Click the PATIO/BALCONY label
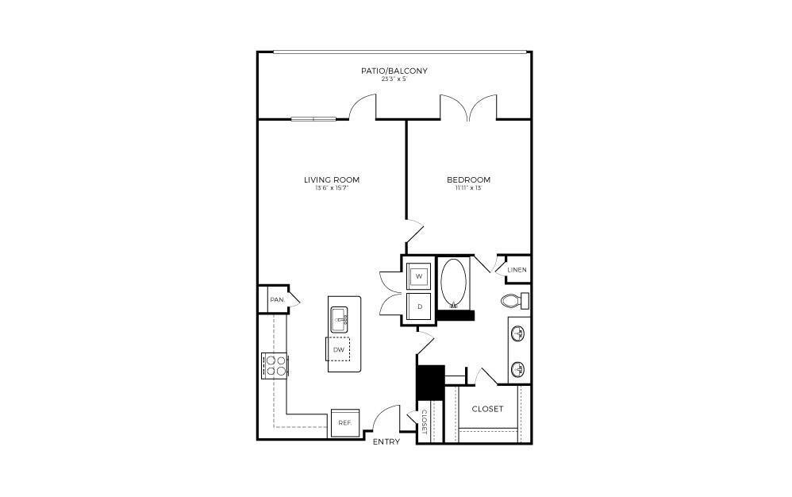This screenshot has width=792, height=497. pyautogui.click(x=394, y=71)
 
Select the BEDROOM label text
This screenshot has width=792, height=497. pyautogui.click(x=468, y=179)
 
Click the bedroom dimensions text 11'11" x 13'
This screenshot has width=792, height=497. pyautogui.click(x=468, y=189)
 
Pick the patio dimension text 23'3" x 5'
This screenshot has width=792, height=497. pyautogui.click(x=394, y=79)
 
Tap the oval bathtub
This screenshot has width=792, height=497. pyautogui.click(x=455, y=283)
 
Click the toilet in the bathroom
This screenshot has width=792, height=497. pyautogui.click(x=514, y=301)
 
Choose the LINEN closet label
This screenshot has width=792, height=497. pyautogui.click(x=517, y=270)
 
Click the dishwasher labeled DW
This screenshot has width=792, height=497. pyautogui.click(x=339, y=349)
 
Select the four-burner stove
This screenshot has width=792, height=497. pyautogui.click(x=275, y=364)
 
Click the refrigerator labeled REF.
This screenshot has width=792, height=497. pyautogui.click(x=344, y=423)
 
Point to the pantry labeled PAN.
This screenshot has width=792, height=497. pyautogui.click(x=277, y=299)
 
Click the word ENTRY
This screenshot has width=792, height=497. pyautogui.click(x=386, y=442)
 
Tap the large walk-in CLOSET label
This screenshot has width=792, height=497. pyautogui.click(x=487, y=409)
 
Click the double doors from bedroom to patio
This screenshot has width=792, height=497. pyautogui.click(x=470, y=109)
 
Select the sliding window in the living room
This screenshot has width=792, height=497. pyautogui.click(x=314, y=119)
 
